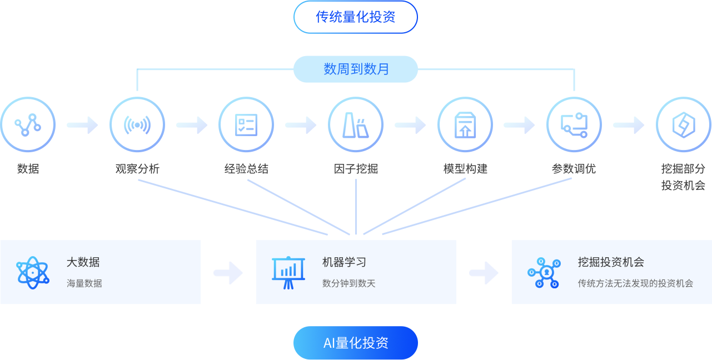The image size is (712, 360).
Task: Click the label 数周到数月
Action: tap(356, 69)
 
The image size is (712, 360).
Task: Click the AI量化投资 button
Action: tap(356, 343)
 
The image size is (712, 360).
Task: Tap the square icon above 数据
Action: tap(27, 124)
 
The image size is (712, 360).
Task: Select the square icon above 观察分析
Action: tap(136, 124)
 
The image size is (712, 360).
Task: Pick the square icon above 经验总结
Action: tap(245, 124)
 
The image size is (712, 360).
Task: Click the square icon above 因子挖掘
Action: tap(353, 124)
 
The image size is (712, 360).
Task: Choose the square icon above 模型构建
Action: tap(464, 124)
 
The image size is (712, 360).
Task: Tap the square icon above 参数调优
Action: tap(572, 124)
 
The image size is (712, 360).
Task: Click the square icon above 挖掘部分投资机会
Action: tap(682, 124)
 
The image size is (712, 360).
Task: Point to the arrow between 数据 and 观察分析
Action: tap(82, 125)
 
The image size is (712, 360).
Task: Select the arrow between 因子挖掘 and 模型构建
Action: tap(410, 125)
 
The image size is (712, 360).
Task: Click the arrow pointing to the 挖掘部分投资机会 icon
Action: tap(628, 125)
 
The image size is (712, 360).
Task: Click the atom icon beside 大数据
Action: tap(33, 273)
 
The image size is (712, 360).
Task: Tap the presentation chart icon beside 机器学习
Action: tap(288, 272)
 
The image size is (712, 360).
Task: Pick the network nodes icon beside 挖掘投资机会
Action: tap(544, 272)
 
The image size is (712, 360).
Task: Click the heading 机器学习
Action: tap(344, 262)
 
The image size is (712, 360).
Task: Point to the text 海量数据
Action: tap(84, 283)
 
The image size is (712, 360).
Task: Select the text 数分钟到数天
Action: tap(348, 283)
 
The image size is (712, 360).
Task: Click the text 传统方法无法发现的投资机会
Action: tap(635, 283)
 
